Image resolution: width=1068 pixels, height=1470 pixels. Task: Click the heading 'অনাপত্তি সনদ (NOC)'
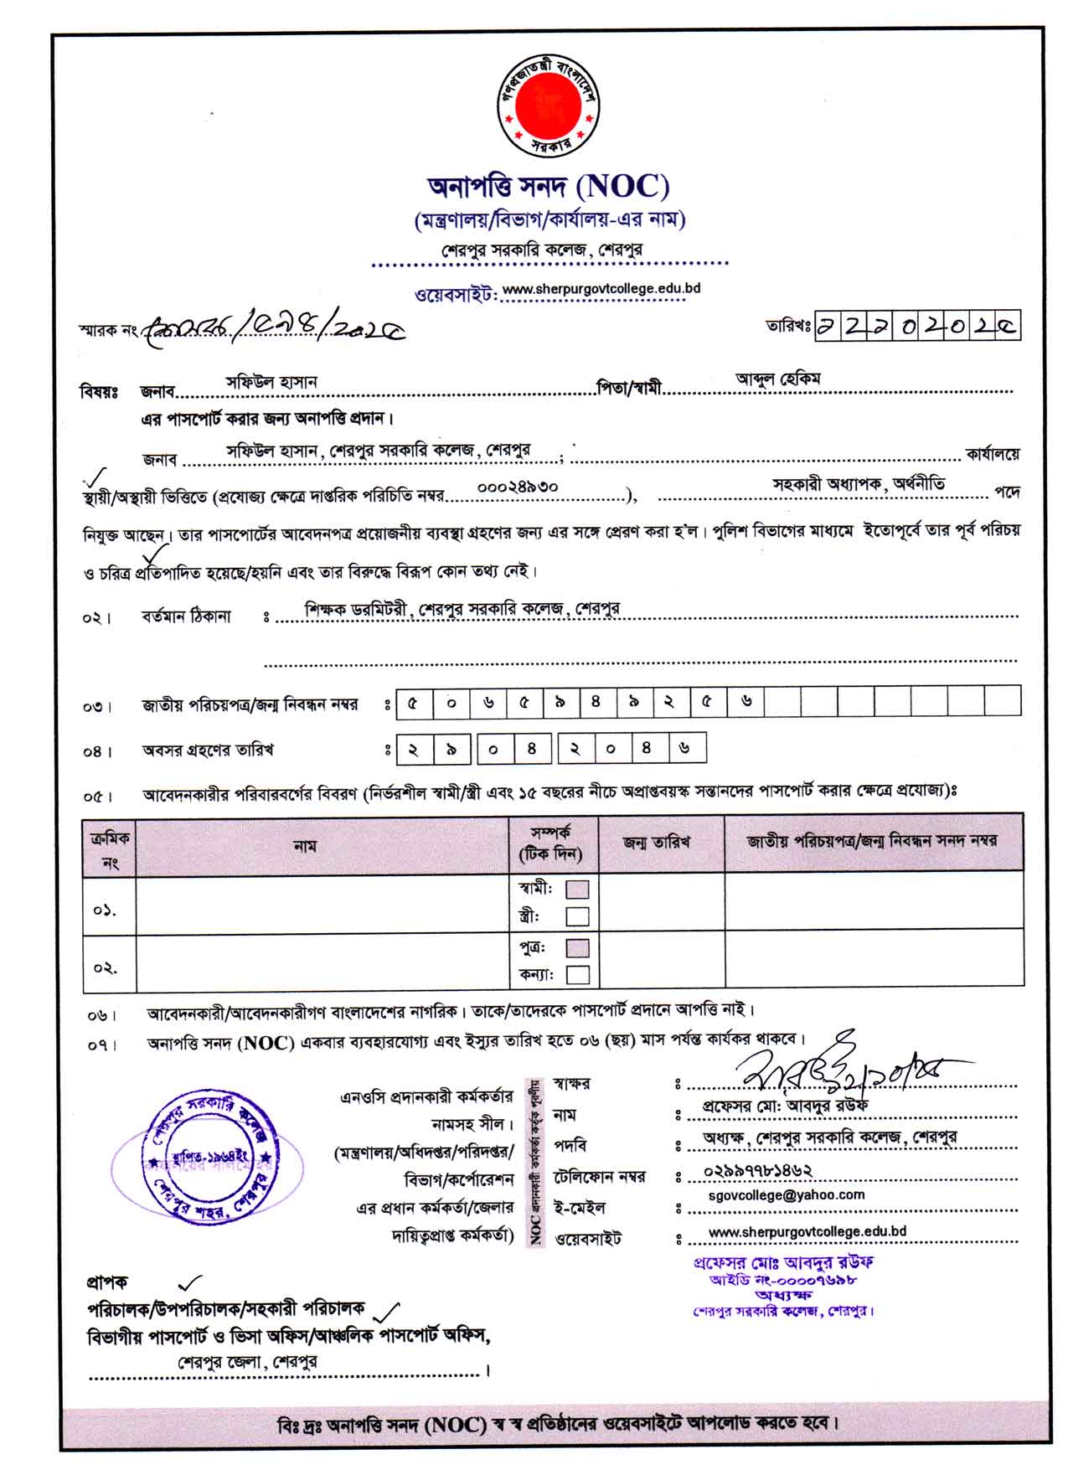click(x=549, y=186)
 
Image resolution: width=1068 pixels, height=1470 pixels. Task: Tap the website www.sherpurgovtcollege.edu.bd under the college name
click(x=601, y=289)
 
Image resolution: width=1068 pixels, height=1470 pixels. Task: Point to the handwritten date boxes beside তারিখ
click(x=917, y=327)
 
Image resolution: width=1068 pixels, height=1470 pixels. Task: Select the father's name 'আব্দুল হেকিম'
click(x=777, y=379)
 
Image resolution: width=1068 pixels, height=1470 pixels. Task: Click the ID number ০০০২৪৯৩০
click(x=517, y=487)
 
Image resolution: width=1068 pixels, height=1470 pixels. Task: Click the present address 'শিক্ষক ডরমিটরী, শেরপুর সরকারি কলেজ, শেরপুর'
click(x=462, y=609)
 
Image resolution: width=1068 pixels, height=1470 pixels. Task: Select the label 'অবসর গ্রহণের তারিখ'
click(x=208, y=750)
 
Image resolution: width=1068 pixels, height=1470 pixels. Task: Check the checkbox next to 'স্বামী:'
click(x=577, y=889)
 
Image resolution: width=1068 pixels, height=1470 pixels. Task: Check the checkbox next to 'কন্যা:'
click(x=577, y=975)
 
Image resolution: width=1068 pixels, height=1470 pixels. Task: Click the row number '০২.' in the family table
click(x=105, y=967)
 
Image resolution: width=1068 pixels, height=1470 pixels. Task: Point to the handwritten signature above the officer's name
click(x=838, y=1066)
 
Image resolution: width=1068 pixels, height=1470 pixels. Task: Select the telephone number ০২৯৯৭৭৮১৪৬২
click(x=758, y=1171)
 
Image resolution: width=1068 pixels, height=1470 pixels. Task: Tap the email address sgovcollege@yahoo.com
click(x=786, y=1195)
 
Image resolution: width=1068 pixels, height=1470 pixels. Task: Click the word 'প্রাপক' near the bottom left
click(x=106, y=1282)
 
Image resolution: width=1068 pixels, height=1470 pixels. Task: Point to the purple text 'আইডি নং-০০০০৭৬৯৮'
click(x=782, y=1280)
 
